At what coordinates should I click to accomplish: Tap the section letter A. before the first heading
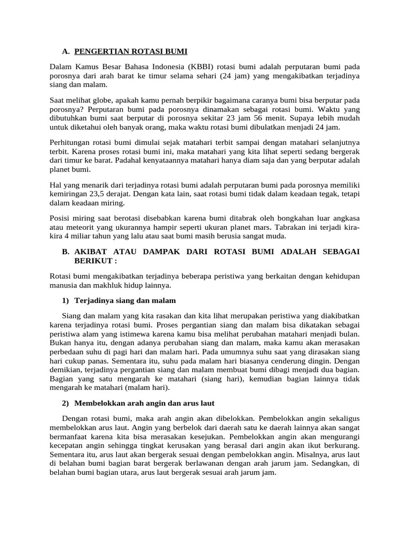pos(66,51)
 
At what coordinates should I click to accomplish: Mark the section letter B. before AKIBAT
pos(66,252)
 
